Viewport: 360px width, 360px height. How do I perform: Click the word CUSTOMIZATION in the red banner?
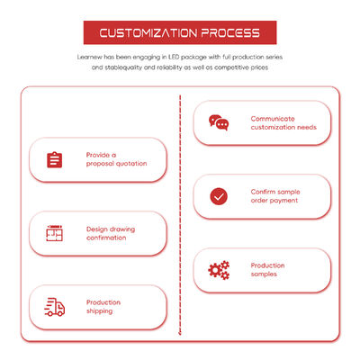click(x=148, y=33)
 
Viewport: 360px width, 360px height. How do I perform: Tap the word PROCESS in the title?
click(x=230, y=33)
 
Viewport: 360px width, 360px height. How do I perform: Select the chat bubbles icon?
click(x=219, y=122)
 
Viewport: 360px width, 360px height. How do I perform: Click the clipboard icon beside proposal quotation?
click(x=54, y=159)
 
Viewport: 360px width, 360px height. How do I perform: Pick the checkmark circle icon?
click(x=219, y=196)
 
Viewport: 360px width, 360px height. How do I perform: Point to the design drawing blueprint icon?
click(x=54, y=233)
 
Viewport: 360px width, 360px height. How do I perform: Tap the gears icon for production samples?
click(x=219, y=270)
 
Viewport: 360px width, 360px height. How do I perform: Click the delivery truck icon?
click(x=54, y=307)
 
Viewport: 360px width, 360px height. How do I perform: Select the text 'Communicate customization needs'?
click(x=283, y=123)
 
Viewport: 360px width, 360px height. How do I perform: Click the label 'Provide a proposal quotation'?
click(x=116, y=159)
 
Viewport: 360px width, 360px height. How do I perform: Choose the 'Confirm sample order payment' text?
click(x=275, y=196)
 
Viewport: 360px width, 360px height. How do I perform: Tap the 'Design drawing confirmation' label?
click(x=111, y=233)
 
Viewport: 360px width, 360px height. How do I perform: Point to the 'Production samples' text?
click(x=267, y=270)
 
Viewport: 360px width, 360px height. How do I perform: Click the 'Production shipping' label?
click(x=103, y=307)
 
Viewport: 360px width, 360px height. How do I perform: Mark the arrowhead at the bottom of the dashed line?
click(x=180, y=333)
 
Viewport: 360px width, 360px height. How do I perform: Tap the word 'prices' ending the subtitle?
click(x=259, y=67)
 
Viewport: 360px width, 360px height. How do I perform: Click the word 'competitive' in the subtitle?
click(x=231, y=67)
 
